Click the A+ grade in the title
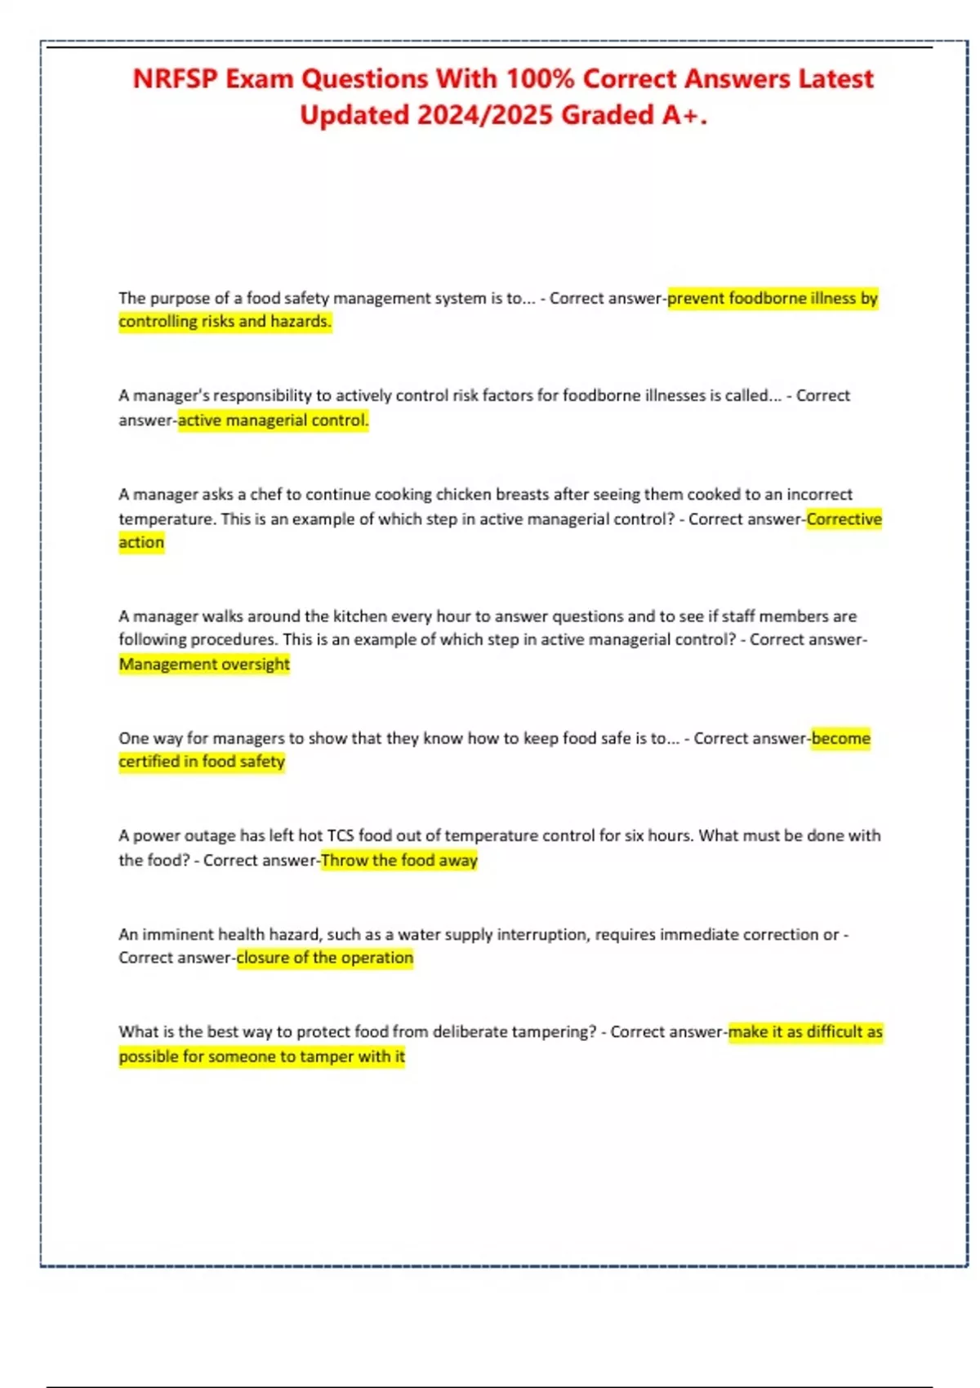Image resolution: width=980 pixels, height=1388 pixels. tap(683, 115)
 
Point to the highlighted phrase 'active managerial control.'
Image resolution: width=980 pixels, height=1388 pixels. tap(273, 420)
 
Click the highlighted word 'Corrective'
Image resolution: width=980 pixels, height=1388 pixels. tap(844, 519)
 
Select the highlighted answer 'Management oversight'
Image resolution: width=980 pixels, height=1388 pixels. tap(204, 665)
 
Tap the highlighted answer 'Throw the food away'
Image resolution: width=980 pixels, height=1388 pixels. tap(399, 861)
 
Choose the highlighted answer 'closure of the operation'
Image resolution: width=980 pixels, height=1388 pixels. tap(325, 958)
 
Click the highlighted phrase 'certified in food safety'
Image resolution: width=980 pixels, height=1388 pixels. tap(202, 762)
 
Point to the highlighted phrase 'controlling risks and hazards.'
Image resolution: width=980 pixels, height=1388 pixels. tap(225, 322)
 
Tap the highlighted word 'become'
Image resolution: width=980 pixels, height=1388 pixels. tap(840, 739)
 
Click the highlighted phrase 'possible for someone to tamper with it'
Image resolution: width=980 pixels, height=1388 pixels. tap(261, 1057)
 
